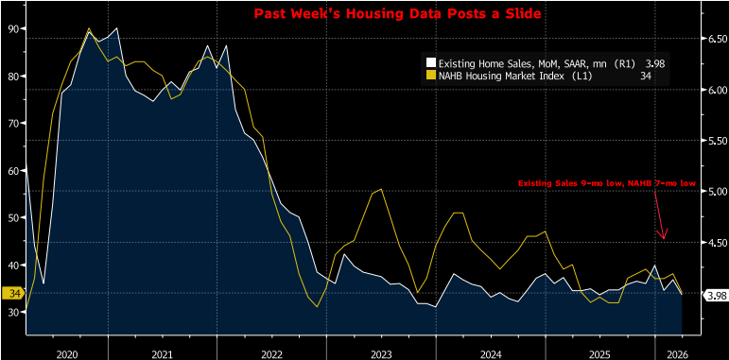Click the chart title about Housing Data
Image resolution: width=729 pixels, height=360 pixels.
(x=364, y=14)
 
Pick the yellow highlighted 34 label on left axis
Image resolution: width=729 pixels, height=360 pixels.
(x=14, y=293)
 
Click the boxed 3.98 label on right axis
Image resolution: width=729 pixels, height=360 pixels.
(x=716, y=295)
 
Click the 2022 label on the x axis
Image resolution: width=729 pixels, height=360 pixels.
(x=271, y=352)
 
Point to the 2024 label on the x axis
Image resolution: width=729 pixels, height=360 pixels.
(x=490, y=352)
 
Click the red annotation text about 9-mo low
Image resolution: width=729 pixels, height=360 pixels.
(x=606, y=182)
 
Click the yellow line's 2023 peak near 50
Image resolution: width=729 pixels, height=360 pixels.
(x=379, y=189)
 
